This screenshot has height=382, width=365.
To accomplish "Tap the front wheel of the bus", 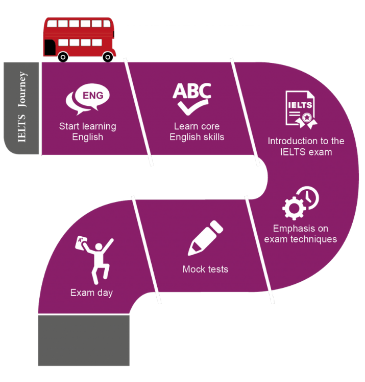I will point(108,57).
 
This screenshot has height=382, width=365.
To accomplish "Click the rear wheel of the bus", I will point(63,57).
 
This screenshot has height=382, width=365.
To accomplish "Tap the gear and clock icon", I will point(300,203).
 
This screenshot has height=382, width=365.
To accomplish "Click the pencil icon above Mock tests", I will point(205,238).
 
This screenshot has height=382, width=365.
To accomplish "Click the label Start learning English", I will point(87,131).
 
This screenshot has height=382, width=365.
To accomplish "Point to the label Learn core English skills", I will point(197,131).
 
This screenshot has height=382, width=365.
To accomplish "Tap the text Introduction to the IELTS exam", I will point(306,146).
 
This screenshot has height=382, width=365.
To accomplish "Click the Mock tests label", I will point(205,269).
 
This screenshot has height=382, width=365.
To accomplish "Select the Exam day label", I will point(91,293).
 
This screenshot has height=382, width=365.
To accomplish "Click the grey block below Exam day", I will point(84,340).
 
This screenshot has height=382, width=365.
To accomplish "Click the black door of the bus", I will point(50,48).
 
